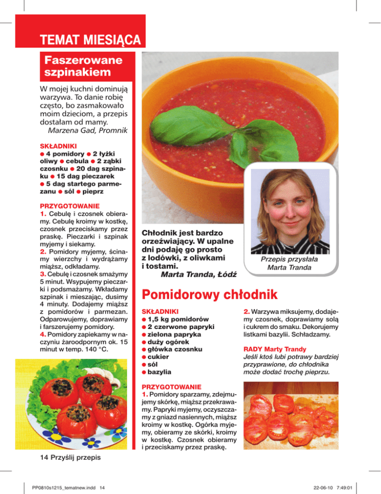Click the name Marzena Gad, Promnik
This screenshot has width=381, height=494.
[87, 131]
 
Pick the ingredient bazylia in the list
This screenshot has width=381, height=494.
[159, 372]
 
